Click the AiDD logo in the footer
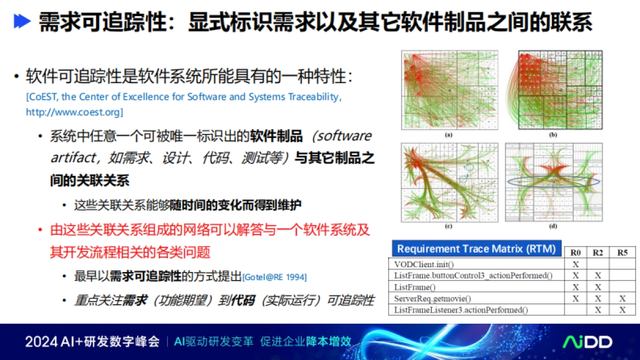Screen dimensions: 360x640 point(588,342)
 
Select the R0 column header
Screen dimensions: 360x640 point(575,252)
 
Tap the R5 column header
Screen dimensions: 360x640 point(622,252)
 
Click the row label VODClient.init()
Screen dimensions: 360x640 point(425,264)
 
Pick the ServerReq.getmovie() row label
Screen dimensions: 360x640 point(433,299)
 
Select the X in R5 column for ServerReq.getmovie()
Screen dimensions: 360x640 point(622,299)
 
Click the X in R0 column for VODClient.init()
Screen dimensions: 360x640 point(575,264)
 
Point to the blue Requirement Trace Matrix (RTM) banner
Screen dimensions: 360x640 point(476,249)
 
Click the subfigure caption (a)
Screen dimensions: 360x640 point(449,135)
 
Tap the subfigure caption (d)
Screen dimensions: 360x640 point(553,226)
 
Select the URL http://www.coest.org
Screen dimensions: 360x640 point(74,113)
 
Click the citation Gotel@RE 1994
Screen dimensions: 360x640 point(275,277)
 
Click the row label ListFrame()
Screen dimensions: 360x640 point(414,287)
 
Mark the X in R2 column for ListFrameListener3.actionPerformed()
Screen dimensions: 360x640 point(598,310)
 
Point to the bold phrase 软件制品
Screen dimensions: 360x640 point(277,136)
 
